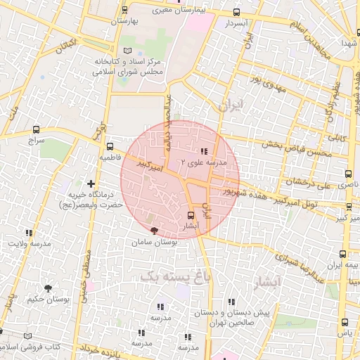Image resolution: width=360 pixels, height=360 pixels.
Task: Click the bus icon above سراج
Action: (36, 129)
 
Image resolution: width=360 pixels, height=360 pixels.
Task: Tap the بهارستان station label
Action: (126, 21)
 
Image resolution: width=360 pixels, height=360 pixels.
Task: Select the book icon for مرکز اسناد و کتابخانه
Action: (127, 51)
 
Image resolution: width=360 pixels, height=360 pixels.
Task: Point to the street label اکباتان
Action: (64, 47)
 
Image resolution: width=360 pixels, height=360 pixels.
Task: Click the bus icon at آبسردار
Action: (236, 12)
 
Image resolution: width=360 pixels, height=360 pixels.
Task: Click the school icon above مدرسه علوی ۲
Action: (204, 151)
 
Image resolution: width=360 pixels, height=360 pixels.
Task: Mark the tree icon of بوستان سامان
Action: (154, 230)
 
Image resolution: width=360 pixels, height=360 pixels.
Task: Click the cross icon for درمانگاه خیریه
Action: (91, 184)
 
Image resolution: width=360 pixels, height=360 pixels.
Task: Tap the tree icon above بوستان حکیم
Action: (48, 288)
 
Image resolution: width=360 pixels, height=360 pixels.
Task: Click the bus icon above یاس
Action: (344, 322)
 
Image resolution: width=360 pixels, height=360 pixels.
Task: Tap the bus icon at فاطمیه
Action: (110, 147)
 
